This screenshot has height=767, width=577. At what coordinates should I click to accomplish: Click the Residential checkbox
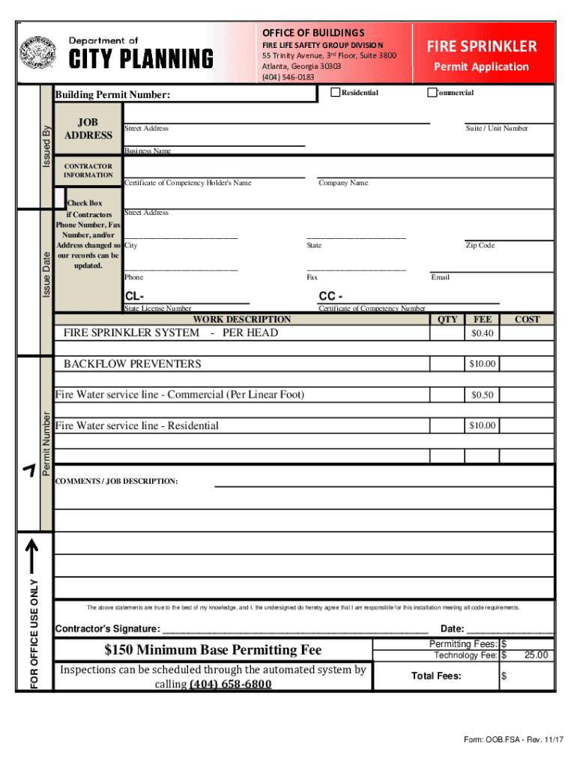pos(335,93)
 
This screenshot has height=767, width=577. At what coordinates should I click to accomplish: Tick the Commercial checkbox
pos(432,93)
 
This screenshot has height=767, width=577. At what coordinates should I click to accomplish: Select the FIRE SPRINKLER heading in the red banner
pos(482,46)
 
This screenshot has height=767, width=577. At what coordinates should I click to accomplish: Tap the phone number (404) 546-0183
pos(288,77)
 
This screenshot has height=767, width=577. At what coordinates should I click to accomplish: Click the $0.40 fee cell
pos(483,333)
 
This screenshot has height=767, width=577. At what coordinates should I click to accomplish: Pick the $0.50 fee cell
pos(483,395)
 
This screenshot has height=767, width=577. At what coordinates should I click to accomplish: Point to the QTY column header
pos(447,319)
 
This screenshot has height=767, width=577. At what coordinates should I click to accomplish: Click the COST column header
pos(527,319)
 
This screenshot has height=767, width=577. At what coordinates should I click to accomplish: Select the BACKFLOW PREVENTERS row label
pos(132,364)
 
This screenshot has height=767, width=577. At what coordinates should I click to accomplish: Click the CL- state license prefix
pos(134,297)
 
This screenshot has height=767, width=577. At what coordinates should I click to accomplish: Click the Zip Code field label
pos(480,246)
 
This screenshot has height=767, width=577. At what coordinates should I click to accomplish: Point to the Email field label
pos(441,277)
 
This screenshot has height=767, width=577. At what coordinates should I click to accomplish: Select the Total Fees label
pos(436,676)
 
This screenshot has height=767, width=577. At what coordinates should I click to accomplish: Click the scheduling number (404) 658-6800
pos(230,685)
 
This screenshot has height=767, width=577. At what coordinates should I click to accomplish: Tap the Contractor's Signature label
pos(108,628)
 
